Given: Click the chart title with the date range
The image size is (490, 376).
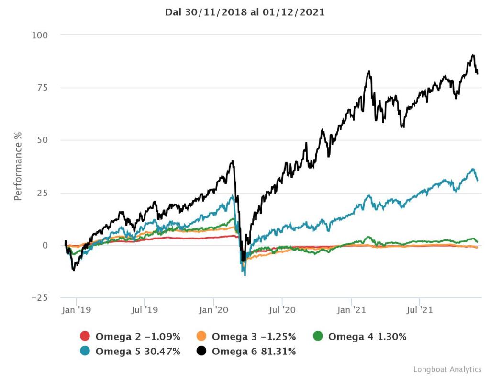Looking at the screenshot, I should [245, 12].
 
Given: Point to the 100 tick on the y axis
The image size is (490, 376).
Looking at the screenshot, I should [41, 35].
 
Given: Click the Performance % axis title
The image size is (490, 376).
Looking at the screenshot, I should [18, 166].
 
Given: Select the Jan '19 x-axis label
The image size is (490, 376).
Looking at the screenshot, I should [76, 310].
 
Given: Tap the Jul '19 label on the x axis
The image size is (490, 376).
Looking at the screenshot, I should [144, 310].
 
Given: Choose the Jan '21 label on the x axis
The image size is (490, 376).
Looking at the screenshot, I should [352, 310].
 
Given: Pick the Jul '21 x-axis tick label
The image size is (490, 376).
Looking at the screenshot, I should [420, 310].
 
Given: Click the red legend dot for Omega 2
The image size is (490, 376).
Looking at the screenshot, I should [85, 337].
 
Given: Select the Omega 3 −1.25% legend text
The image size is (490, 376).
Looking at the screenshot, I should [254, 337].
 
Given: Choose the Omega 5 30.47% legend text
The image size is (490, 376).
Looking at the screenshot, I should [138, 352].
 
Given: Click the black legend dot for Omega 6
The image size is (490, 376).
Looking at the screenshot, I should [201, 352].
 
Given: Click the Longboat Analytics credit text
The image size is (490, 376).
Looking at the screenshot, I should [447, 369].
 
